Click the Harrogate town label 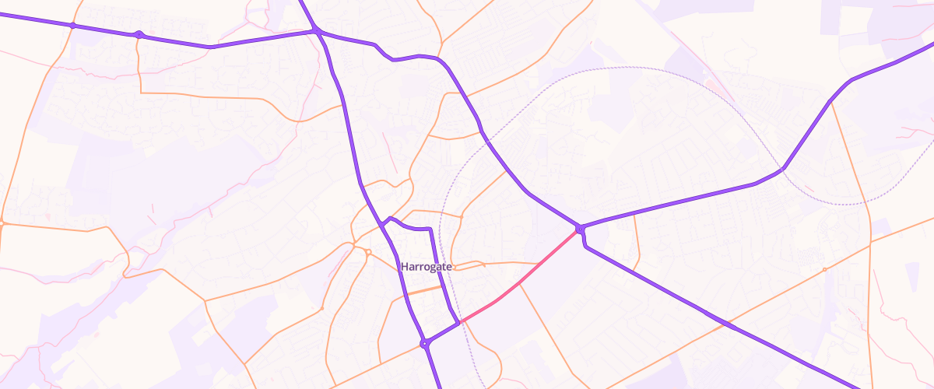(x=427, y=266)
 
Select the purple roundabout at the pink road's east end (x=581, y=229)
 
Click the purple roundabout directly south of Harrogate (x=425, y=343)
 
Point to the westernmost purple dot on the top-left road (x=72, y=26)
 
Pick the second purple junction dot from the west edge (x=139, y=34)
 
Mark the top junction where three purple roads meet (x=317, y=31)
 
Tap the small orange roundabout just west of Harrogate (x=368, y=251)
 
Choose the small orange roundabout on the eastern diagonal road (x=824, y=269)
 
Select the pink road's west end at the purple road (x=461, y=321)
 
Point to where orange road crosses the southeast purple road (x=722, y=323)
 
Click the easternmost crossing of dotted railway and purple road (x=781, y=169)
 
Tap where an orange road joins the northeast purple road (x=831, y=102)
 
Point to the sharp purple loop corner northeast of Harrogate (x=430, y=229)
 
